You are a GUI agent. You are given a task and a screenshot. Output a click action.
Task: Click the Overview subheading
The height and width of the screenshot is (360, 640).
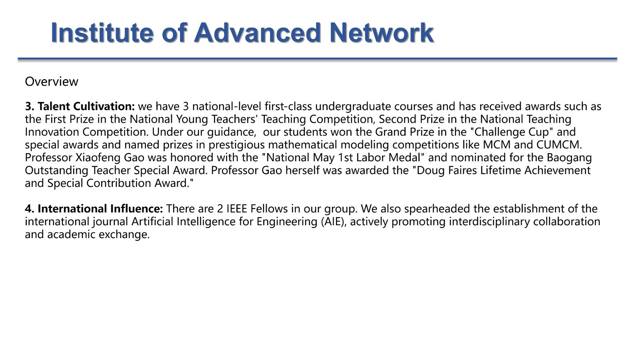[x=52, y=82]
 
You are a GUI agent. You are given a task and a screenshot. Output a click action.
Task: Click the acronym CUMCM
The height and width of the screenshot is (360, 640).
[x=559, y=144]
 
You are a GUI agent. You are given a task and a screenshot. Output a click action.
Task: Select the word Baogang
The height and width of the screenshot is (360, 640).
[x=569, y=158]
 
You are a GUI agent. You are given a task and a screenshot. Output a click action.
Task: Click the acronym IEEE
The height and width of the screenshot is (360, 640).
[x=237, y=208]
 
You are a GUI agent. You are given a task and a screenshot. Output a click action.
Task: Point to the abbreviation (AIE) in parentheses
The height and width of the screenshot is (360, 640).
[x=334, y=222]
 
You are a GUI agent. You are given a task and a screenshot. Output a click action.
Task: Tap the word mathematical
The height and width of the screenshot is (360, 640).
[x=302, y=144]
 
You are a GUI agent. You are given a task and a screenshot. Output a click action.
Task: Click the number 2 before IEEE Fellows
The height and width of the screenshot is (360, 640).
[x=220, y=209]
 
